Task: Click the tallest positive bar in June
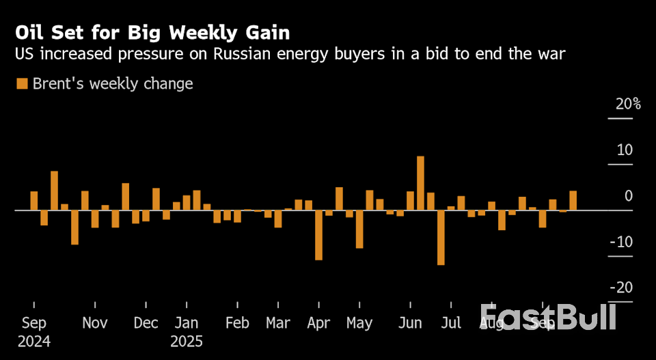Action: pos(420,183)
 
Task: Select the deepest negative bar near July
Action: pos(441,237)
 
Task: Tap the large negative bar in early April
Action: pos(318,235)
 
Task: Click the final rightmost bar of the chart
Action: pos(573,201)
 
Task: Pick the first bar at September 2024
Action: pos(34,201)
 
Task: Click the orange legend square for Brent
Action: pos(22,84)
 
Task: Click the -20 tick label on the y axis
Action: pos(620,288)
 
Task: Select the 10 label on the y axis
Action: pos(625,150)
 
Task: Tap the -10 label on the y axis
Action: pos(620,242)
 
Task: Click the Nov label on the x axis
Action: pos(95,323)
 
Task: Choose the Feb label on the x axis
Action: pos(237,323)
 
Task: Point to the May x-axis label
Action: pos(359,323)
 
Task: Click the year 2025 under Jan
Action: pos(187,341)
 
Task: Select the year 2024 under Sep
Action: pos(33,341)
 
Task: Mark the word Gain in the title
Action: pos(269,32)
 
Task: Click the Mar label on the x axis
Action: pos(278,323)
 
